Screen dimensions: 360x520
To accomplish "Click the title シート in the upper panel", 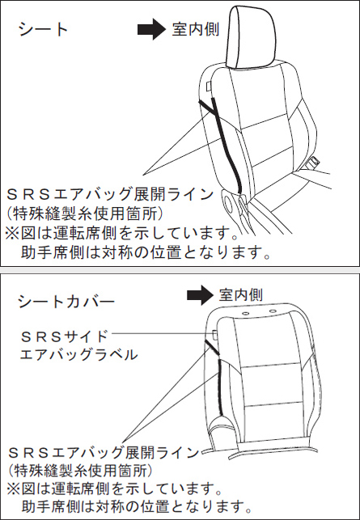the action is click(43, 29).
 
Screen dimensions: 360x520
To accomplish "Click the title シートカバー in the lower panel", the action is click(66, 302).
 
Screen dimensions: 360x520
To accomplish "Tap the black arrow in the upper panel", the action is click(151, 29).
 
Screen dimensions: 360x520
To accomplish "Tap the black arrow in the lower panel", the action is click(200, 295).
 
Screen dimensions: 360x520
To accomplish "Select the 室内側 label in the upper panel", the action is click(196, 29).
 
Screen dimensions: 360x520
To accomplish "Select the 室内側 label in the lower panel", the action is click(241, 295).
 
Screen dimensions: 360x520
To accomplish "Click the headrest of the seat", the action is click(251, 37).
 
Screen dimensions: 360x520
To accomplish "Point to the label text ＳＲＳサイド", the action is click(64, 336).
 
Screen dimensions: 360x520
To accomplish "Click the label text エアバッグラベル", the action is click(78, 354).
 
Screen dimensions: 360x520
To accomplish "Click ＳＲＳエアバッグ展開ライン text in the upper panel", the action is click(110, 194).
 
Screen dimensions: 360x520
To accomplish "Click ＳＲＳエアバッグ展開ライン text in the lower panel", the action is click(104, 452).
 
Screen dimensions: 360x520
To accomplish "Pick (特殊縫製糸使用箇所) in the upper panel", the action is click(85, 213).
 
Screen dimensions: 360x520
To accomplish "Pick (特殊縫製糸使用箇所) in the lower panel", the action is click(81, 470).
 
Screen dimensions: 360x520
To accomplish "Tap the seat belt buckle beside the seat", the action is click(312, 163).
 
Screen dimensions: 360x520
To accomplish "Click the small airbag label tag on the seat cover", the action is click(214, 335).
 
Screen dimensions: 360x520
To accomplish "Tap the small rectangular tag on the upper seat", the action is click(208, 87).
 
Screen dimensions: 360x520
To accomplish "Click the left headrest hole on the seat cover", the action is click(245, 313).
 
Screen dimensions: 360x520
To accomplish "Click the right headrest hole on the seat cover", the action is click(273, 311).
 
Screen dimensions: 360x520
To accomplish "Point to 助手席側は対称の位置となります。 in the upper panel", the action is click(146, 254).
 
